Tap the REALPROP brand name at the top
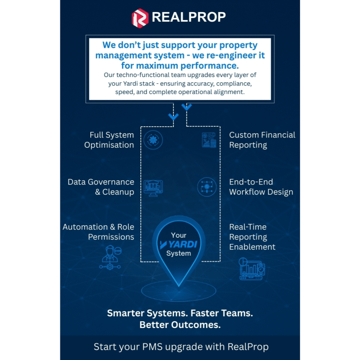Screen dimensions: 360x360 point(188,17)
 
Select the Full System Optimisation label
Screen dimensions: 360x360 point(109,140)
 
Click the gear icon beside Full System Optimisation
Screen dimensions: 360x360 point(153,140)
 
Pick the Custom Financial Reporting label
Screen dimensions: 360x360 point(262,140)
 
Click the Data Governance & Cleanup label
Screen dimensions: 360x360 point(101,187)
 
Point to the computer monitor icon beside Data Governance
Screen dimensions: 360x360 point(153,187)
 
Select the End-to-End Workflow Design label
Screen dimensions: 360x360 point(261,187)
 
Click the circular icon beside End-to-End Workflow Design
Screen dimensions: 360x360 point(206,186)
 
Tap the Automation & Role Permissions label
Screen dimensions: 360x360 point(98,232)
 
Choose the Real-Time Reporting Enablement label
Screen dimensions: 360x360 point(252,237)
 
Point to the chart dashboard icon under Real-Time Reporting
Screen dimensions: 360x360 point(252,269)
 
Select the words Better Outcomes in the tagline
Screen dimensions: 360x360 point(180,324)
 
